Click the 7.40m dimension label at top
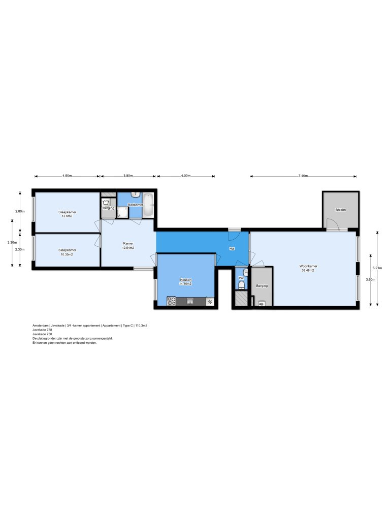pos(303,176)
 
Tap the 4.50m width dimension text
pos(67,176)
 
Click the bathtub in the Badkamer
pos(148,204)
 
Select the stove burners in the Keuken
pos(171,302)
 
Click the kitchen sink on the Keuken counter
pos(190,301)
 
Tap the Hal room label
pos(232,249)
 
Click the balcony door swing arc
pos(332,224)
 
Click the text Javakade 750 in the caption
pos(42,334)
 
